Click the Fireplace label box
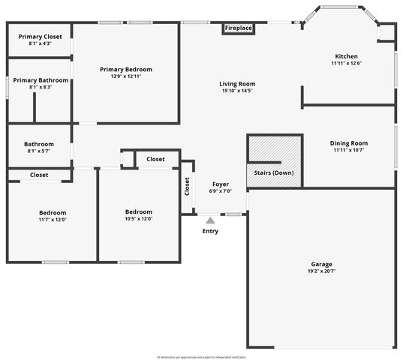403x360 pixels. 239,28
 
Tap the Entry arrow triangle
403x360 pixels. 210,220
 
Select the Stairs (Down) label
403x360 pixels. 274,173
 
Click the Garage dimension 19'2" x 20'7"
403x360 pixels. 322,271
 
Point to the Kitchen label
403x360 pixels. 346,56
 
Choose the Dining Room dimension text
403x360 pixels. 349,150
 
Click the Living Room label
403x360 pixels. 237,84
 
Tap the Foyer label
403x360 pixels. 221,184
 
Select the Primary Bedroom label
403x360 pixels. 125,69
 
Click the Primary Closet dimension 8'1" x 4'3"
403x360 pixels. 40,43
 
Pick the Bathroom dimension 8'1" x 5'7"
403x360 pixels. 39,151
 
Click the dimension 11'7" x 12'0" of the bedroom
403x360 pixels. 53,220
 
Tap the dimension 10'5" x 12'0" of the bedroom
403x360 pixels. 139,219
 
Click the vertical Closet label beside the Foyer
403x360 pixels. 187,187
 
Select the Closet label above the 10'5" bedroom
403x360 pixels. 155,159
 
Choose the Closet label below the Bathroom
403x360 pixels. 39,175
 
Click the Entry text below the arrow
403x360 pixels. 211,231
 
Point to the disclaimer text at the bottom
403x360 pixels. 201,357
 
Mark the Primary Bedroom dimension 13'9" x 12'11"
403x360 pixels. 125,76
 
